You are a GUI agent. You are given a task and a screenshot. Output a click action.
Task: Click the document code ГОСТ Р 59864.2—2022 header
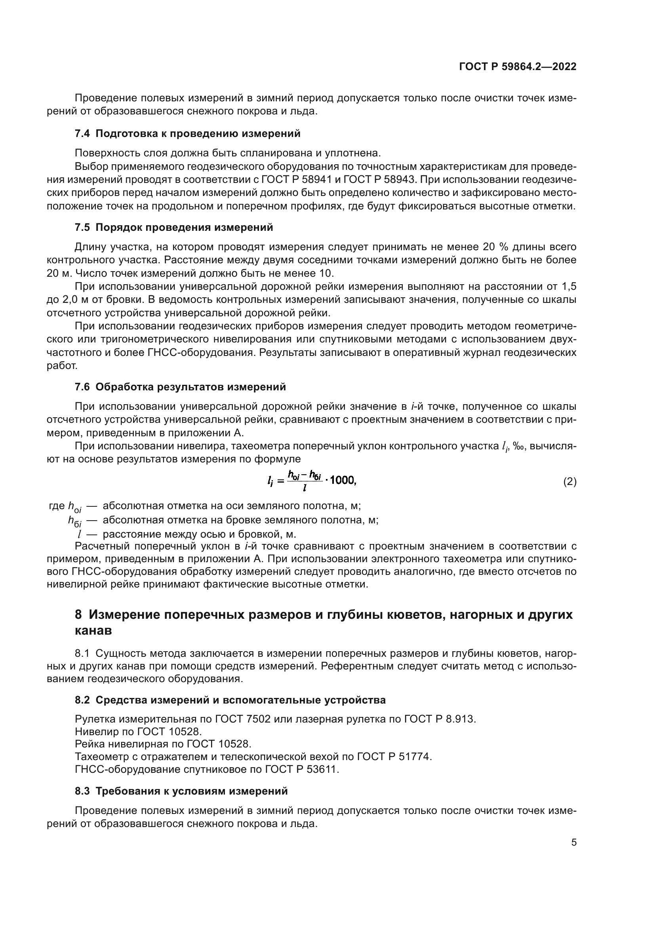(x=518, y=67)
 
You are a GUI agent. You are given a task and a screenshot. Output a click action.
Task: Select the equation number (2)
(x=569, y=482)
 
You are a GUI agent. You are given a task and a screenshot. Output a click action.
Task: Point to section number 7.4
(x=82, y=133)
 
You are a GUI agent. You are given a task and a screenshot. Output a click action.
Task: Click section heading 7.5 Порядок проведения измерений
(x=174, y=228)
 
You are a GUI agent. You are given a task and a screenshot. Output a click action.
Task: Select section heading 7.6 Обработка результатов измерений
(x=180, y=387)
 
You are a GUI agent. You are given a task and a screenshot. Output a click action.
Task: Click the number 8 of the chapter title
(x=79, y=615)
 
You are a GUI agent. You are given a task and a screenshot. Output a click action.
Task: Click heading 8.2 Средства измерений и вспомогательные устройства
(x=230, y=700)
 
